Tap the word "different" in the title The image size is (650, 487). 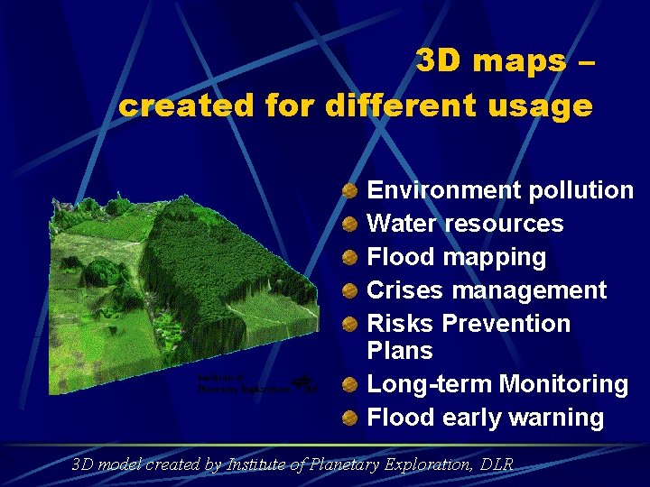395,106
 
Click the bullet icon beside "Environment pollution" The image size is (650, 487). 350,190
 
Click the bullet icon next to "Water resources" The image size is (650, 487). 350,224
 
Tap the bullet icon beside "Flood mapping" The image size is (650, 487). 350,257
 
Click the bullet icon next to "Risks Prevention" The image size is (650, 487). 350,324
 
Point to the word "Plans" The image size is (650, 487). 400,351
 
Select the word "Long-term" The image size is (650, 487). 430,384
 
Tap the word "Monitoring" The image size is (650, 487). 564,384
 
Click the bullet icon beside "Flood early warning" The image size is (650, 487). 350,418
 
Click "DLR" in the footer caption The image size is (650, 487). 497,465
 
